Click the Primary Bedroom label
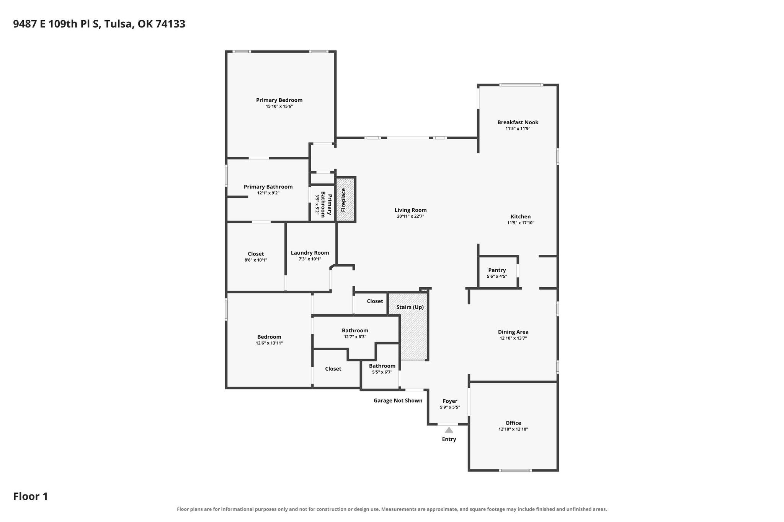(x=279, y=100)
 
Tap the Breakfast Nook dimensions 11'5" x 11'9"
(x=518, y=129)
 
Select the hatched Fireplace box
(x=346, y=199)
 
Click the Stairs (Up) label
(x=410, y=307)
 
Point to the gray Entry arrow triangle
(x=449, y=430)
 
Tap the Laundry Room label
(x=310, y=253)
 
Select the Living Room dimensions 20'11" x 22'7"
(x=410, y=216)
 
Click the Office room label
(x=513, y=423)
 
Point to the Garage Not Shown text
(x=398, y=401)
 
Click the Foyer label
(x=450, y=401)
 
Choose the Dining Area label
(x=513, y=332)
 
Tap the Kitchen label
(x=521, y=216)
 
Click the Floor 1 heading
(x=31, y=497)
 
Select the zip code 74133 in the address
(x=170, y=24)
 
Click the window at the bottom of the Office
(x=515, y=470)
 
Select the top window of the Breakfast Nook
(x=521, y=85)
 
